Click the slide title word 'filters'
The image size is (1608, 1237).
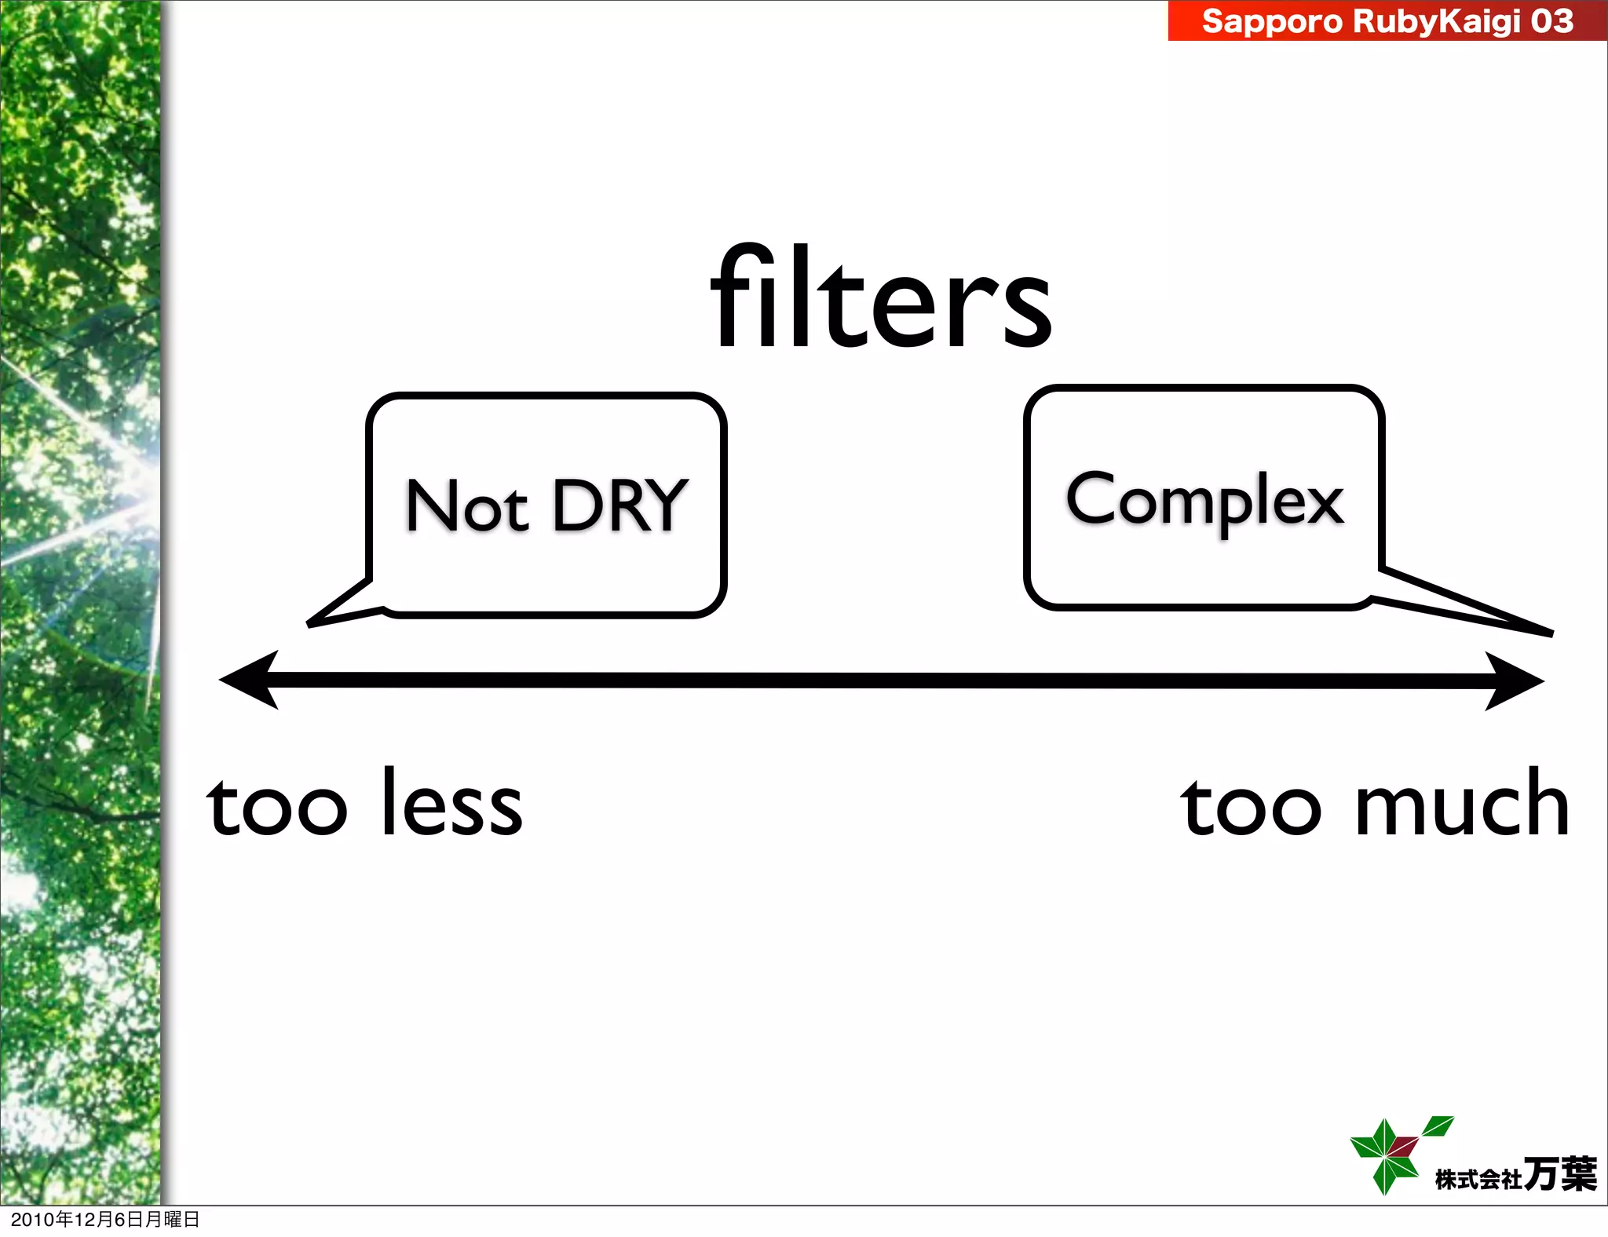[x=881, y=299]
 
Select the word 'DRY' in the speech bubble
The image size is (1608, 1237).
[x=620, y=506]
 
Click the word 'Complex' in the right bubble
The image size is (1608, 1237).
[x=1204, y=500]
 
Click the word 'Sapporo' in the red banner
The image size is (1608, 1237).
[x=1272, y=21]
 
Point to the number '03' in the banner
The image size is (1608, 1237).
[x=1551, y=21]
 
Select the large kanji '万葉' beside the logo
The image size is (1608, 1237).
[x=1559, y=1174]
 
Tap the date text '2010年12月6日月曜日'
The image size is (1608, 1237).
[x=105, y=1219]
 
